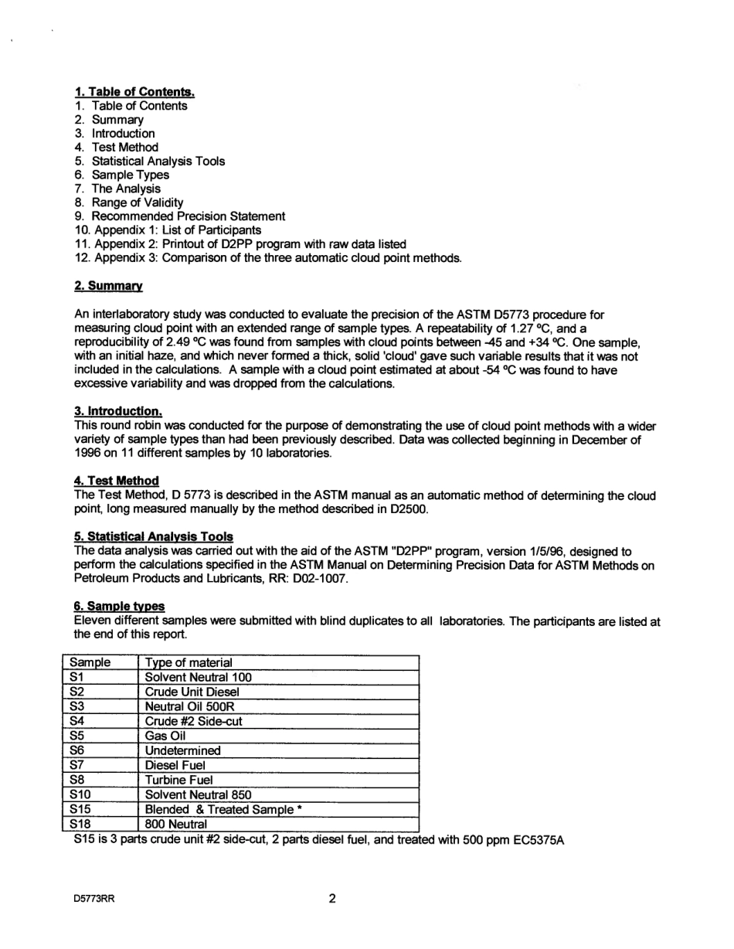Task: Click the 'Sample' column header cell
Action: click(x=90, y=662)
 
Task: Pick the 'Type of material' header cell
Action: click(x=189, y=662)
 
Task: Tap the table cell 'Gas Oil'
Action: click(x=165, y=736)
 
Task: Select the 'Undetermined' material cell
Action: click(x=182, y=750)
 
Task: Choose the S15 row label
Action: click(x=80, y=809)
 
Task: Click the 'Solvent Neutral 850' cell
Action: click(x=198, y=794)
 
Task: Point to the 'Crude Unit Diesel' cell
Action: click(x=192, y=692)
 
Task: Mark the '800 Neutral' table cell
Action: click(x=176, y=824)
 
